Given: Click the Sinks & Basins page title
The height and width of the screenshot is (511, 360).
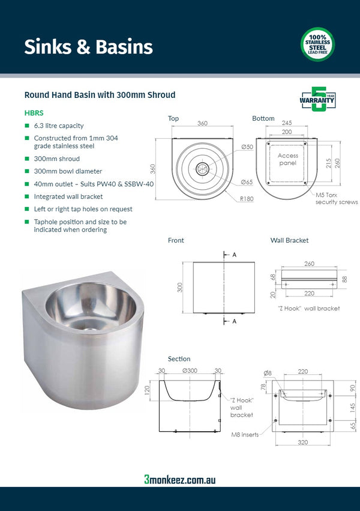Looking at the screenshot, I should (88, 47).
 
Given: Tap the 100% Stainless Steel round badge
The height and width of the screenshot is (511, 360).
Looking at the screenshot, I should (317, 44).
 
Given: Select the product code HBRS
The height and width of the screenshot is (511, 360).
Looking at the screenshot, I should (34, 112).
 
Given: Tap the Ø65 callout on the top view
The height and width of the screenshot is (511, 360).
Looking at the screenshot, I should (247, 182).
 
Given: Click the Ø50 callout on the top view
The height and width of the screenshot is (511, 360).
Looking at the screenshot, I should (247, 147).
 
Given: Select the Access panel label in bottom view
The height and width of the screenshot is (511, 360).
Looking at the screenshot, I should (287, 159).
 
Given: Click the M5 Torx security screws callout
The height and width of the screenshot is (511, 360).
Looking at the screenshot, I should (336, 198).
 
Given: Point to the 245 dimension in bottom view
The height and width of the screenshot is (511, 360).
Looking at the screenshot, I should (287, 123).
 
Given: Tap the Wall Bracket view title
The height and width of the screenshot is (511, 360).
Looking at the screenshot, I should (289, 240).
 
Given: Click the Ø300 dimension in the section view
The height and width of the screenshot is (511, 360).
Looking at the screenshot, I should (190, 370).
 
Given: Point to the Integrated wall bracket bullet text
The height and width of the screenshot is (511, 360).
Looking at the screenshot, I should (68, 196).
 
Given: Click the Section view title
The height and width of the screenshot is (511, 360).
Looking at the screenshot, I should (179, 359).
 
